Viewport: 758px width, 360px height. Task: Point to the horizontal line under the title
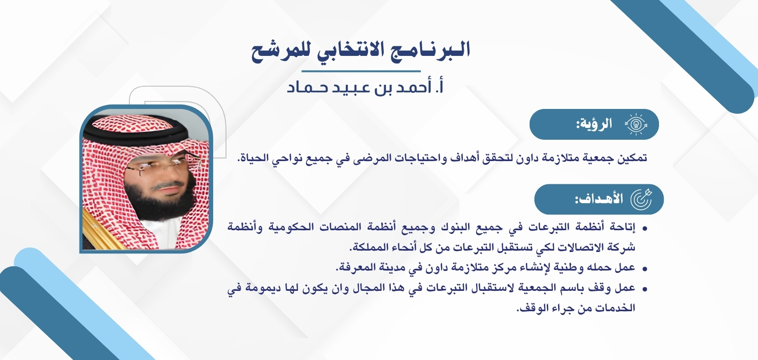[361, 71]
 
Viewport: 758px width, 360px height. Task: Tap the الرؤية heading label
[594, 125]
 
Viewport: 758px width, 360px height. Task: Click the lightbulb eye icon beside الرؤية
[636, 125]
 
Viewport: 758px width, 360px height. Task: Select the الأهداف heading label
[599, 199]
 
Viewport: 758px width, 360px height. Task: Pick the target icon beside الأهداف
[641, 199]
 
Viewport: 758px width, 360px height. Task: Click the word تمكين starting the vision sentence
[632, 158]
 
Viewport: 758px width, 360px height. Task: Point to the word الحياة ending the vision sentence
[253, 158]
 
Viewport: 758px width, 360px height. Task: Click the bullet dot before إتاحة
[644, 229]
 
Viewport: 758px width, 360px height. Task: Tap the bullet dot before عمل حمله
[644, 269]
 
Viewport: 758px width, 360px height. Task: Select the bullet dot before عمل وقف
[644, 289]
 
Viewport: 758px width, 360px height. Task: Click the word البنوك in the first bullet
[457, 227]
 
